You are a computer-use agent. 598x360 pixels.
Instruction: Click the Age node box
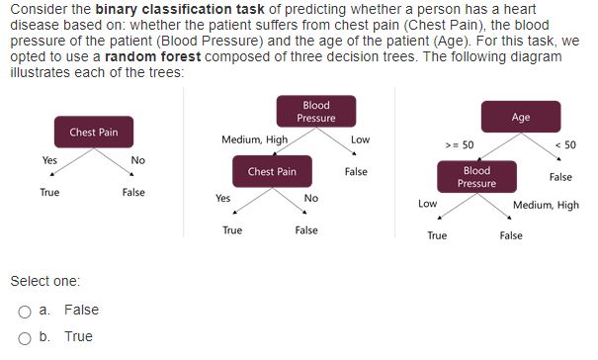click(x=521, y=117)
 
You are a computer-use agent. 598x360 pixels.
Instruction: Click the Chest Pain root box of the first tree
click(x=94, y=133)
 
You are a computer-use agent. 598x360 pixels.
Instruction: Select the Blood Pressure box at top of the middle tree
click(x=316, y=112)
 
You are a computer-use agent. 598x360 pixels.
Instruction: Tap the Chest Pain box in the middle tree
click(x=272, y=171)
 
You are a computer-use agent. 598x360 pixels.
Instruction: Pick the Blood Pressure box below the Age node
click(x=476, y=177)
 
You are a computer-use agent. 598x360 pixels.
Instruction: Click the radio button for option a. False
click(x=24, y=311)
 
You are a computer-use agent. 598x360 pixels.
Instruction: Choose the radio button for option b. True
click(x=24, y=337)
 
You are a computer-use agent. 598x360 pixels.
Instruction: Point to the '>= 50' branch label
click(x=460, y=144)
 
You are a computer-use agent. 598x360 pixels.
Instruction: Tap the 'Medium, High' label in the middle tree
click(x=255, y=139)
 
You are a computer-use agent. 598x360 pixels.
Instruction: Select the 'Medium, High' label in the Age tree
click(x=547, y=206)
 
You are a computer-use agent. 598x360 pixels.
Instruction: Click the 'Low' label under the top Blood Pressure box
click(x=360, y=139)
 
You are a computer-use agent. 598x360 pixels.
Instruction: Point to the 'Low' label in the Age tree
click(x=427, y=203)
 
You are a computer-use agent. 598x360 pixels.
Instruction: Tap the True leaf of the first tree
click(x=49, y=192)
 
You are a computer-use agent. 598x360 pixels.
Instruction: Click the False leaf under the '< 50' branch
click(x=560, y=177)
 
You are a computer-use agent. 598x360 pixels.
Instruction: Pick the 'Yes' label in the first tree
click(x=49, y=159)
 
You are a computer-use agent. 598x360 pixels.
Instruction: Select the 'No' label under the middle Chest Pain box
click(x=311, y=198)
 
